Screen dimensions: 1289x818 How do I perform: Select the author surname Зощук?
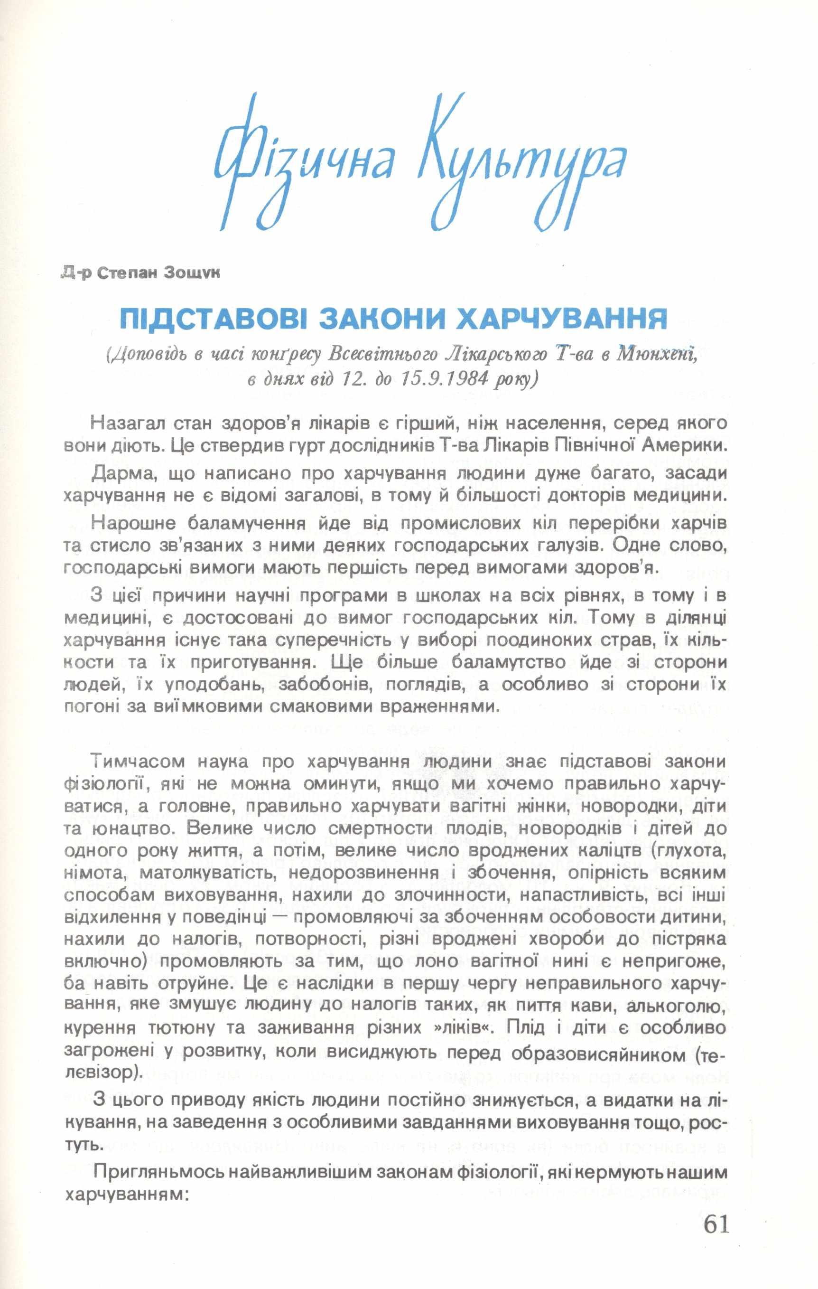point(192,273)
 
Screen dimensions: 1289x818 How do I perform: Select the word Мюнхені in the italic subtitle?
point(658,354)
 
